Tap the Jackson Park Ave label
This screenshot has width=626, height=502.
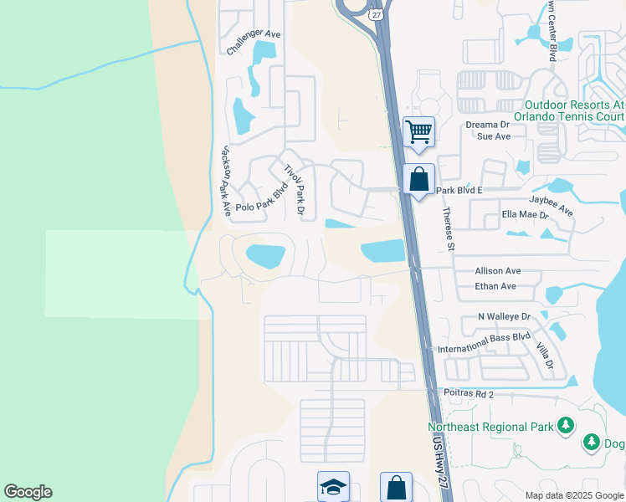coord(225,182)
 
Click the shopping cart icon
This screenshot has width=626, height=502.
coord(418,131)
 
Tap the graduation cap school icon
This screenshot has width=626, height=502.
coord(332,486)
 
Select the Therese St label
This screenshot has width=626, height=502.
coord(449,228)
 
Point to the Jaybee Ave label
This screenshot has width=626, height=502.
coord(551,206)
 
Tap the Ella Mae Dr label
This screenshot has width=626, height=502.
coord(525,215)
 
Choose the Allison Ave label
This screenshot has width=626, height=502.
coord(497,271)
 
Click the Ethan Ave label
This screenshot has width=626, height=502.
coord(495,286)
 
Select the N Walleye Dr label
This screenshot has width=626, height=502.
coord(504,317)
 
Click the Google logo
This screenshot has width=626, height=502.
coord(28,492)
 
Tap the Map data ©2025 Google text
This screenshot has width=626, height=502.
coord(573,495)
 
